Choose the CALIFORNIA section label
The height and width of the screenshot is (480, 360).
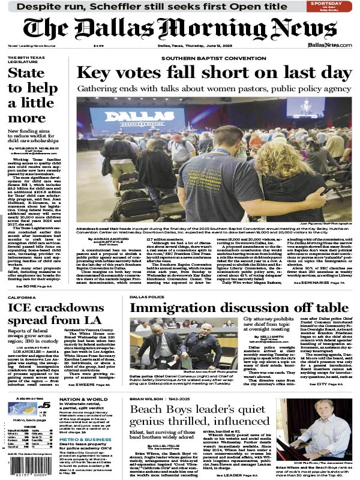pyautogui.click(x=23, y=296)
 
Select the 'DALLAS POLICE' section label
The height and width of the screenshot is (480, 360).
pyautogui.click(x=147, y=296)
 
